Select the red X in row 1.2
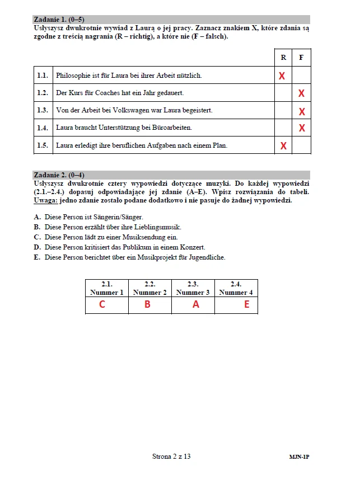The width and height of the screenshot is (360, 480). pos(302,93)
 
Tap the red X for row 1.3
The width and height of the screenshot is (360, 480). pos(302,111)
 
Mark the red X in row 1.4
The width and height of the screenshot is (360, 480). pos(302,128)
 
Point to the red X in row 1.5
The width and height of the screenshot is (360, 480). pos(283,146)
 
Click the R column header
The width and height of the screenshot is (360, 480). pos(283,58)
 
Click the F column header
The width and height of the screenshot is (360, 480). pos(301,58)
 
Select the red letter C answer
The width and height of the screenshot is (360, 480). pos(102,305)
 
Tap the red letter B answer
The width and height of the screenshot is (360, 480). pos(147,305)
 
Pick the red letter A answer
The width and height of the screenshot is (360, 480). pos(195,305)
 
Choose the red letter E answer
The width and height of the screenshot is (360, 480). pos(246,305)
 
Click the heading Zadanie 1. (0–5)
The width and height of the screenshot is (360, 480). pos(59,20)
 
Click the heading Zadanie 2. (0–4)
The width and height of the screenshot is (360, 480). pos(59,175)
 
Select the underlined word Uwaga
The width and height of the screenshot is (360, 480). pos(46,200)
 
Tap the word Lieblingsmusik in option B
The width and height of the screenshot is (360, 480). pos(158,227)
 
